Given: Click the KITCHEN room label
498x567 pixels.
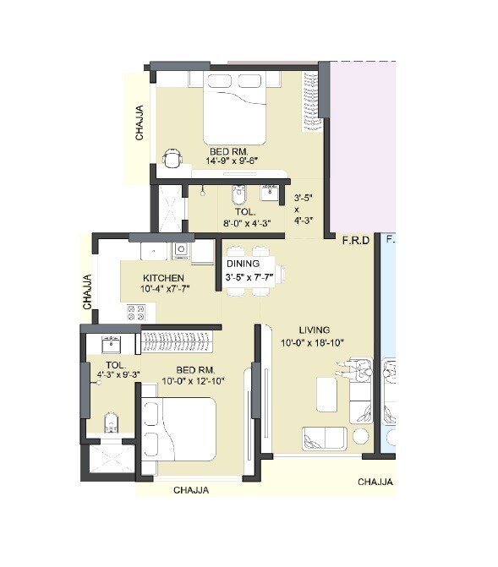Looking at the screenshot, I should coord(163,278).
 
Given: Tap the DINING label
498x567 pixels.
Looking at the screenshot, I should coord(243,264).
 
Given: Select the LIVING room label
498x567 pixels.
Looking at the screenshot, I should coord(315,330).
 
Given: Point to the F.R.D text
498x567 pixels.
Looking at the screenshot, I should coord(355,241).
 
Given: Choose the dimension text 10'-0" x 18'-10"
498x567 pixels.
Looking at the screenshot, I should coord(314,342).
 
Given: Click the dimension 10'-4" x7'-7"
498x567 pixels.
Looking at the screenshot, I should coord(164,289).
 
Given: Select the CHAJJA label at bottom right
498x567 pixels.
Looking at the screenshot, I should coord(375,482).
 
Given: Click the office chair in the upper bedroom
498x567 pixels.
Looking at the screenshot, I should coord(172,158).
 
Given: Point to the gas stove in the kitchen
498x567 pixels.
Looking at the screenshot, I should coord(136,312).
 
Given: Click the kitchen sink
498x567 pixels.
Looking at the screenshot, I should coord(180,249).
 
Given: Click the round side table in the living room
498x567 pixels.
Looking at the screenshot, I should coord(361,436).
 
